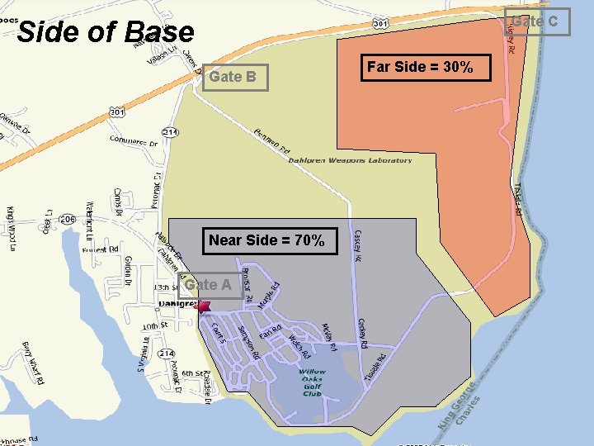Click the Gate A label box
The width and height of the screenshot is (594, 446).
tap(209, 285)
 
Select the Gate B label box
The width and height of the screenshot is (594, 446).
tap(233, 77)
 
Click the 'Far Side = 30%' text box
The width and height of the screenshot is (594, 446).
tap(420, 67)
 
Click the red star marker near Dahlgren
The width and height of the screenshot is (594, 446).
tap(204, 306)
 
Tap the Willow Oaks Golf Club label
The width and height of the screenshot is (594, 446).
tap(312, 382)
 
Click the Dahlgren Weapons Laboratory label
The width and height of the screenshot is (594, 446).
tap(350, 160)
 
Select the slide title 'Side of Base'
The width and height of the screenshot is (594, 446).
tap(106, 32)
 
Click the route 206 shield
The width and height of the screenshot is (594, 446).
tap(68, 219)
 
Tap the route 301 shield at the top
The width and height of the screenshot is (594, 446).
tap(380, 24)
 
